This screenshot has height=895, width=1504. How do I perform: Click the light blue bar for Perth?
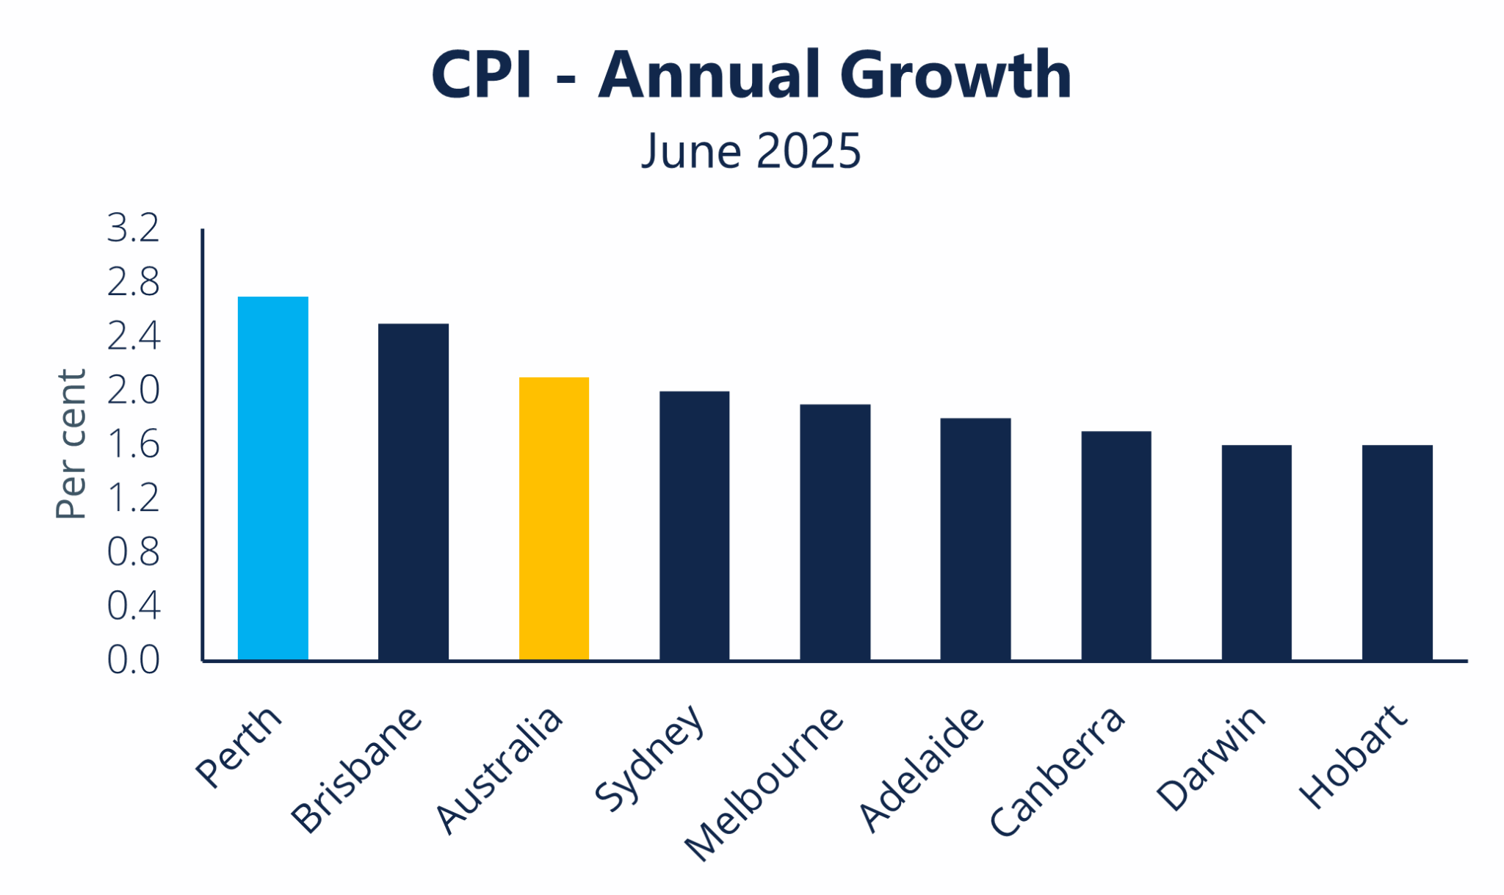[272, 478]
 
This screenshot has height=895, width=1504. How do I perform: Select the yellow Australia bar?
[554, 518]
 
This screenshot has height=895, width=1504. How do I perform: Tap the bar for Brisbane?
[413, 492]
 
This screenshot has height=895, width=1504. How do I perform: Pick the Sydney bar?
[694, 526]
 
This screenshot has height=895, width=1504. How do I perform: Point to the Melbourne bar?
[835, 532]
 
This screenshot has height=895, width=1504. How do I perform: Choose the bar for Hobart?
[1397, 552]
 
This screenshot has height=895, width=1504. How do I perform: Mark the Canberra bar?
[1116, 546]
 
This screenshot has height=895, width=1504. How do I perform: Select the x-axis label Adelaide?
[919, 769]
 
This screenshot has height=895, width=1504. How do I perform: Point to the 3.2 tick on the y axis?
[133, 228]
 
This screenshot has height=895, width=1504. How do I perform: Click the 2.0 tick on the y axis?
[133, 390]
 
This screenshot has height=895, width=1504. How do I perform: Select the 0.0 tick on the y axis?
[133, 660]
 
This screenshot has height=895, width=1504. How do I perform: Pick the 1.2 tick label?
[133, 498]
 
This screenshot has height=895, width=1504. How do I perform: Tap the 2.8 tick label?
[133, 282]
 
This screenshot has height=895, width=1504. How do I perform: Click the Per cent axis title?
[71, 444]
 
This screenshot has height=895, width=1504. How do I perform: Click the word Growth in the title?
[955, 75]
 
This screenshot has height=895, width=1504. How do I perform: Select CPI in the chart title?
[481, 75]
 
